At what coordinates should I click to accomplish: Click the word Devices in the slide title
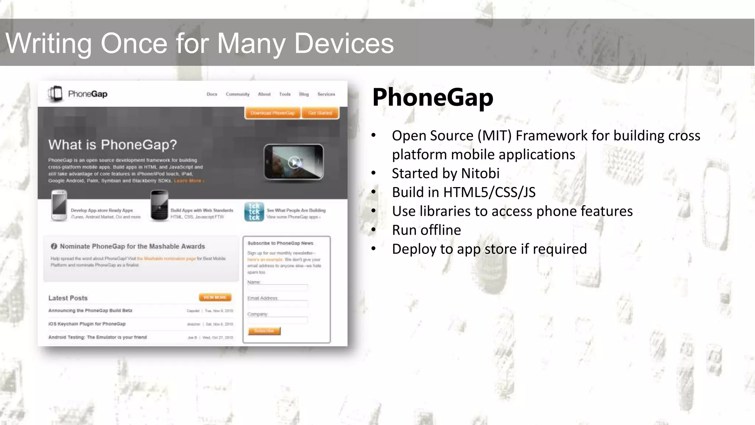click(x=344, y=44)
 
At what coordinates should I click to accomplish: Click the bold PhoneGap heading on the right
click(x=432, y=97)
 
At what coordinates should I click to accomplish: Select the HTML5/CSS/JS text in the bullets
click(x=489, y=192)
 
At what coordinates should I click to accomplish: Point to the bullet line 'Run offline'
click(x=426, y=230)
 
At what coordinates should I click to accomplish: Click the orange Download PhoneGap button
click(x=272, y=113)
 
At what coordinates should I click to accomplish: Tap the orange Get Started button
click(x=320, y=113)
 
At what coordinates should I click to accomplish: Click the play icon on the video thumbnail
click(x=294, y=162)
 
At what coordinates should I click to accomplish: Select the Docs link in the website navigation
click(x=212, y=94)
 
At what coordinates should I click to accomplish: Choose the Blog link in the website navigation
click(x=304, y=94)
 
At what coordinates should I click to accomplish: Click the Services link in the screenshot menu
click(x=326, y=94)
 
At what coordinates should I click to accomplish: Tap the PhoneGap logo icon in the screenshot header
click(x=56, y=94)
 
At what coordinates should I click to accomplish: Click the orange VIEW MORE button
click(x=215, y=297)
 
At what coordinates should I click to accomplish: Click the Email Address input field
click(x=277, y=304)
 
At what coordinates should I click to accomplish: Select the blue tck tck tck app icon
click(x=254, y=212)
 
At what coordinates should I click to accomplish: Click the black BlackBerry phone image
click(x=159, y=205)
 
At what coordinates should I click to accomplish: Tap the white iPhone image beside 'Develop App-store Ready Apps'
click(x=59, y=205)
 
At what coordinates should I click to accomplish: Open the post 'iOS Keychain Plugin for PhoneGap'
click(x=87, y=324)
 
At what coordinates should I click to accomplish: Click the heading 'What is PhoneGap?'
click(x=112, y=145)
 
